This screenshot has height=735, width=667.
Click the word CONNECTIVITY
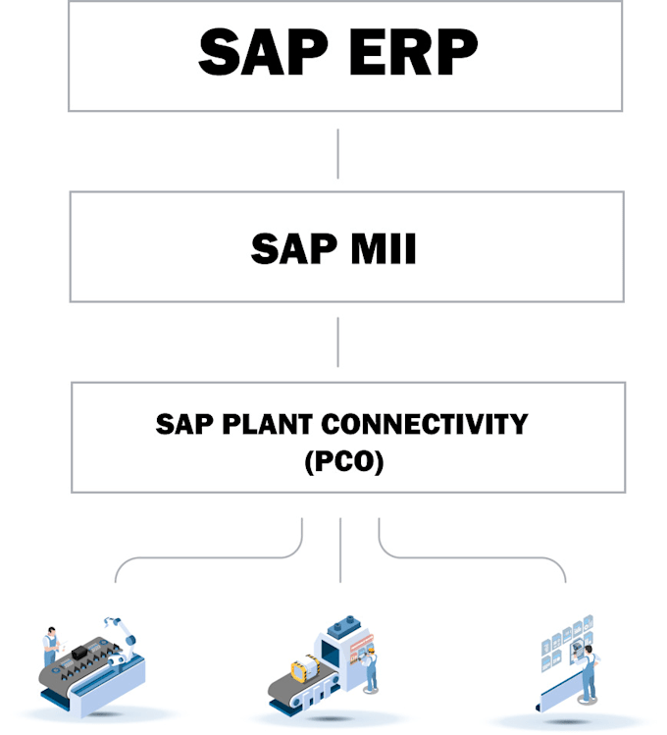point(426,424)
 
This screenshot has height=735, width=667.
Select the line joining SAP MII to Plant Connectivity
point(337,341)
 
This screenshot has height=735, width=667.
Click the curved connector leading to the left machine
point(196,558)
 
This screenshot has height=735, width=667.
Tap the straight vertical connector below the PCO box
point(339,554)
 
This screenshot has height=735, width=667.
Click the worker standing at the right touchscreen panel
point(587,675)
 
